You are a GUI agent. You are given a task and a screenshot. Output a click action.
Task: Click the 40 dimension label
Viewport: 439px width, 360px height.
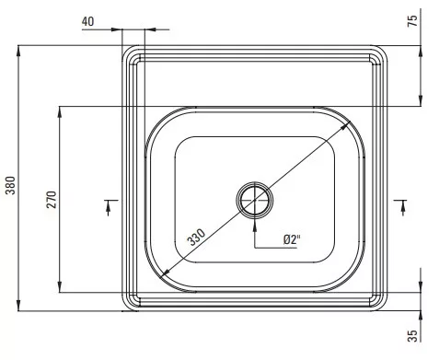click(87, 22)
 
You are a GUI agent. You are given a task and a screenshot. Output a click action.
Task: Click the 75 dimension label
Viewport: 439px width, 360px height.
click(413, 20)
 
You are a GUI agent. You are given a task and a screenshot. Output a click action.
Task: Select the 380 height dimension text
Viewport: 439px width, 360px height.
click(10, 185)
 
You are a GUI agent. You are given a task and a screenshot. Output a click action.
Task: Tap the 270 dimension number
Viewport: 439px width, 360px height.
click(52, 200)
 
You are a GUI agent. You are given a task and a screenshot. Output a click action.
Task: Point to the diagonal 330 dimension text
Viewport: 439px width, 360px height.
click(197, 238)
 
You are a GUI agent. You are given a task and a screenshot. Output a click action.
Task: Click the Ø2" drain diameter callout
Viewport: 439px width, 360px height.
click(292, 239)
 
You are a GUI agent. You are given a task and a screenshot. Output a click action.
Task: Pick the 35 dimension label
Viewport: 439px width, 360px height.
click(413, 335)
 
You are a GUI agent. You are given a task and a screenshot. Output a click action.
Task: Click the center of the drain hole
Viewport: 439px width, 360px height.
click(254, 200)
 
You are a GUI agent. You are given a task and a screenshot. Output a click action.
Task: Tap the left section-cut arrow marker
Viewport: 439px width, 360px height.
click(109, 207)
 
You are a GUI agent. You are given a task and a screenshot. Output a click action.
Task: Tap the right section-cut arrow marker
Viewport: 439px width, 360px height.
click(403, 207)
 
